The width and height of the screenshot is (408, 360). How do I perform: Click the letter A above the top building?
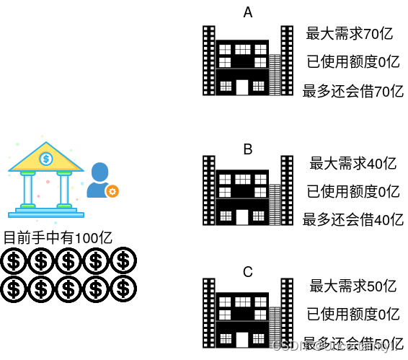coord(248,12)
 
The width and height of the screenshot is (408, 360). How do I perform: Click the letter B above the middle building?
coord(248,149)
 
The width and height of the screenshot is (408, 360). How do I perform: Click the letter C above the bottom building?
coord(248,272)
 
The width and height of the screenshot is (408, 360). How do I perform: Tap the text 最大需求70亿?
coord(349,33)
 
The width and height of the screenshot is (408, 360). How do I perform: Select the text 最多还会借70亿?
coord(352,91)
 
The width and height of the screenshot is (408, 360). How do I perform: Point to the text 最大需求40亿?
coord(352,164)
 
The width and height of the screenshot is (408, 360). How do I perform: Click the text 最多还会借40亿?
coord(352,220)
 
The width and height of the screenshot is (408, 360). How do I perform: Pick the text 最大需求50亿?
coord(352,286)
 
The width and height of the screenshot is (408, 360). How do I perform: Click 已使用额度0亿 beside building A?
coord(352,62)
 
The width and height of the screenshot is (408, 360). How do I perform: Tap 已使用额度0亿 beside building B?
coord(352,191)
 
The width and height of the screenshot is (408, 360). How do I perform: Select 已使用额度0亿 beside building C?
coord(352,314)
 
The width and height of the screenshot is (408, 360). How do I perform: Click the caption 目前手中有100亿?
coord(58,237)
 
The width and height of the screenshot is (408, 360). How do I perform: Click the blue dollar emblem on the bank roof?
coord(46,158)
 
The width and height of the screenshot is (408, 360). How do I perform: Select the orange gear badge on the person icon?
coord(112,191)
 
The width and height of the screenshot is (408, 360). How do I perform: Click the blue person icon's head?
coord(99,172)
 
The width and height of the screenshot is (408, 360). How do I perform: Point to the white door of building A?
coord(242,87)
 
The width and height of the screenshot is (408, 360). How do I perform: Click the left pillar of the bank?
coord(28,189)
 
